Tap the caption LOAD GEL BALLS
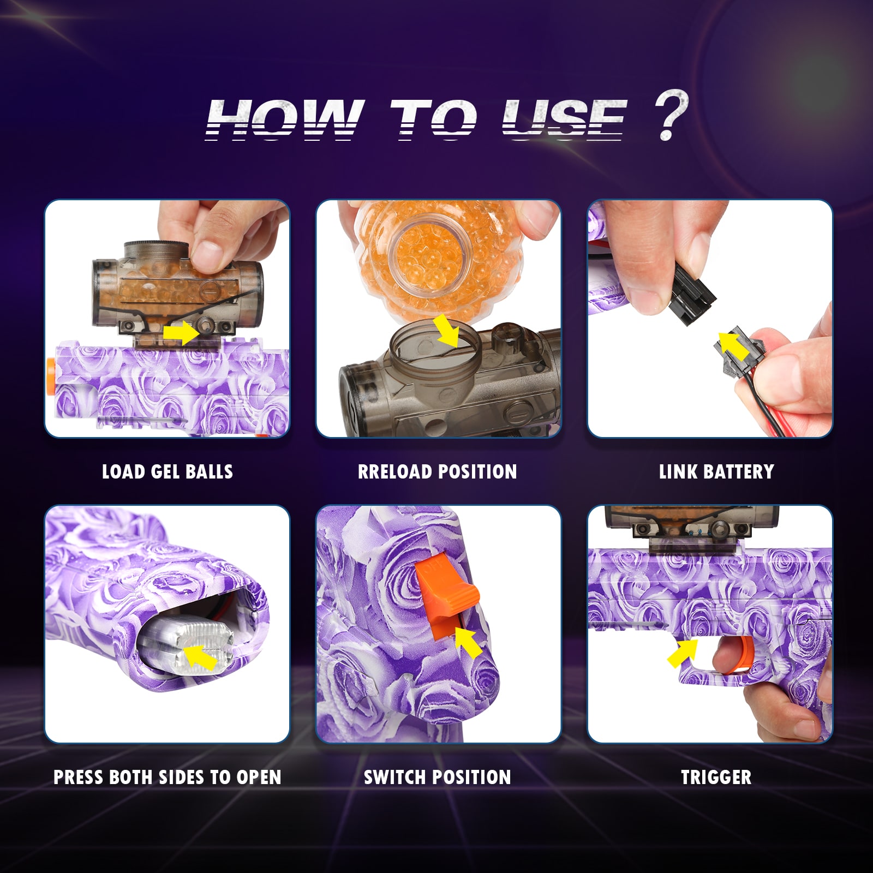(x=168, y=472)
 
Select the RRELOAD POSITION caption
(x=438, y=472)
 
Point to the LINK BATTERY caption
(x=716, y=472)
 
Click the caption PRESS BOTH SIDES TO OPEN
(x=168, y=777)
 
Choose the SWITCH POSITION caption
(x=438, y=777)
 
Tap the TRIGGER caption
(x=716, y=777)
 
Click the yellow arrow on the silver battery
(x=200, y=657)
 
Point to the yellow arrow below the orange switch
(x=468, y=642)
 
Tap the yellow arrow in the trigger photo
(x=683, y=651)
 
